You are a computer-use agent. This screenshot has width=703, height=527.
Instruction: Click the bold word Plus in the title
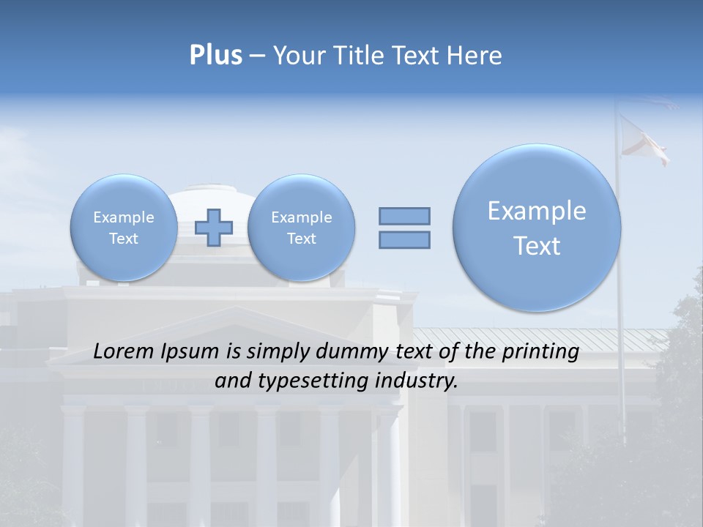click(215, 56)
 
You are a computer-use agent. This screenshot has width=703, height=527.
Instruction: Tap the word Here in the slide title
click(475, 56)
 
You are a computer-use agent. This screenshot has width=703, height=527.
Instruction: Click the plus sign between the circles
click(214, 228)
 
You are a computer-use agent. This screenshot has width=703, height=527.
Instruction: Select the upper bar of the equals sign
click(404, 216)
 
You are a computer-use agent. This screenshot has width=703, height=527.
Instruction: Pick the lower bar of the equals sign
click(404, 239)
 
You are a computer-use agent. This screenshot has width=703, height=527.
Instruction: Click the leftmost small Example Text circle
click(124, 228)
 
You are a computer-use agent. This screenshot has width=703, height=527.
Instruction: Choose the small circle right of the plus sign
click(301, 228)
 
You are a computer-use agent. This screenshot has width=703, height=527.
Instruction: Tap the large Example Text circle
click(537, 228)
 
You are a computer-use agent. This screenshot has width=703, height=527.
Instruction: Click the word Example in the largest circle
click(537, 211)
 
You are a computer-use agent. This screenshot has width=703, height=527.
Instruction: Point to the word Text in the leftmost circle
click(124, 239)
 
